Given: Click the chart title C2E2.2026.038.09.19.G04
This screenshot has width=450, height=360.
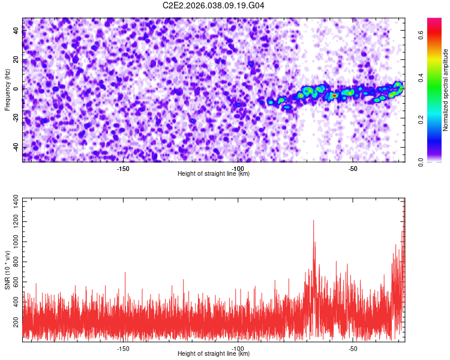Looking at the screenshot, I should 214,5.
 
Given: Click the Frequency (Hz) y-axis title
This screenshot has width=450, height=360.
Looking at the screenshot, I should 7,89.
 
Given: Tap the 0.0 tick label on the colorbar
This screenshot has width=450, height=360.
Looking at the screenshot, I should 420,161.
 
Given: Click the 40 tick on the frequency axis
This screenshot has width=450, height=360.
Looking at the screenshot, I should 17,31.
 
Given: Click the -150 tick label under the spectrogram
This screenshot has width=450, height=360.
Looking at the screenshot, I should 122,169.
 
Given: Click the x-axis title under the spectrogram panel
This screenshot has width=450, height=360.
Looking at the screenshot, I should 214,174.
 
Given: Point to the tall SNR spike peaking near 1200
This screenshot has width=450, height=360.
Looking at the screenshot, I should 313,221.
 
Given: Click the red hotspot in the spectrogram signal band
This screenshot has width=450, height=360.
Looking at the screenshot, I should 334,95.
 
